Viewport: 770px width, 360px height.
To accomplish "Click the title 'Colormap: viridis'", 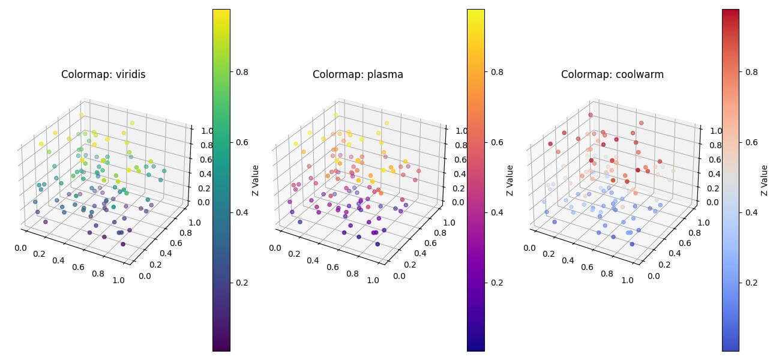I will (x=103, y=75).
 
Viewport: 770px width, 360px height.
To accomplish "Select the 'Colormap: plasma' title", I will (x=358, y=75).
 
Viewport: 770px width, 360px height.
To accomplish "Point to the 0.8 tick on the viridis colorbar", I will (x=242, y=71).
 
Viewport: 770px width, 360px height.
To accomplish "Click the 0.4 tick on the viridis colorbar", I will (x=242, y=212).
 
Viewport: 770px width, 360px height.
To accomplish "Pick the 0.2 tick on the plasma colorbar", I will (x=496, y=283).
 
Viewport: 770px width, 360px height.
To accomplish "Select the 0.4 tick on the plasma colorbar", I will (x=496, y=212).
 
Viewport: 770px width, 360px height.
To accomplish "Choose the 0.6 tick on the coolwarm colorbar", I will (x=751, y=142).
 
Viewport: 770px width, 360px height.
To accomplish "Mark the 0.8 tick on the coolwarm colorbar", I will (x=751, y=71).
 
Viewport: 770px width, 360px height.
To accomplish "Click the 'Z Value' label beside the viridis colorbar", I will (x=255, y=180).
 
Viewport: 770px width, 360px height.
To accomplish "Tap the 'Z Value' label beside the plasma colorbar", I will (x=510, y=180).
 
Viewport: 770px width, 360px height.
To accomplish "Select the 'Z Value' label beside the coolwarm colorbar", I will (x=764, y=180).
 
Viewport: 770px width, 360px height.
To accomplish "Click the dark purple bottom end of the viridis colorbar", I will (x=221, y=344).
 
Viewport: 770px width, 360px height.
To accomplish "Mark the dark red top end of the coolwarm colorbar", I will (x=730, y=14).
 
